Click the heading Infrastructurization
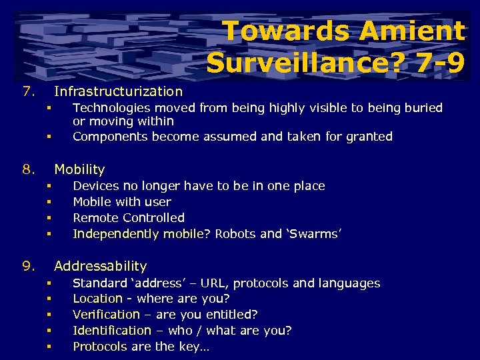click(x=118, y=91)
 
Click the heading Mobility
click(x=79, y=169)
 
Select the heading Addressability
click(x=100, y=267)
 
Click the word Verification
click(x=106, y=315)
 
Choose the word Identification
click(x=111, y=331)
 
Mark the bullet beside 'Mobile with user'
click(x=49, y=202)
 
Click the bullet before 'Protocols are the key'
click(x=49, y=347)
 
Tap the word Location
click(x=97, y=299)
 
